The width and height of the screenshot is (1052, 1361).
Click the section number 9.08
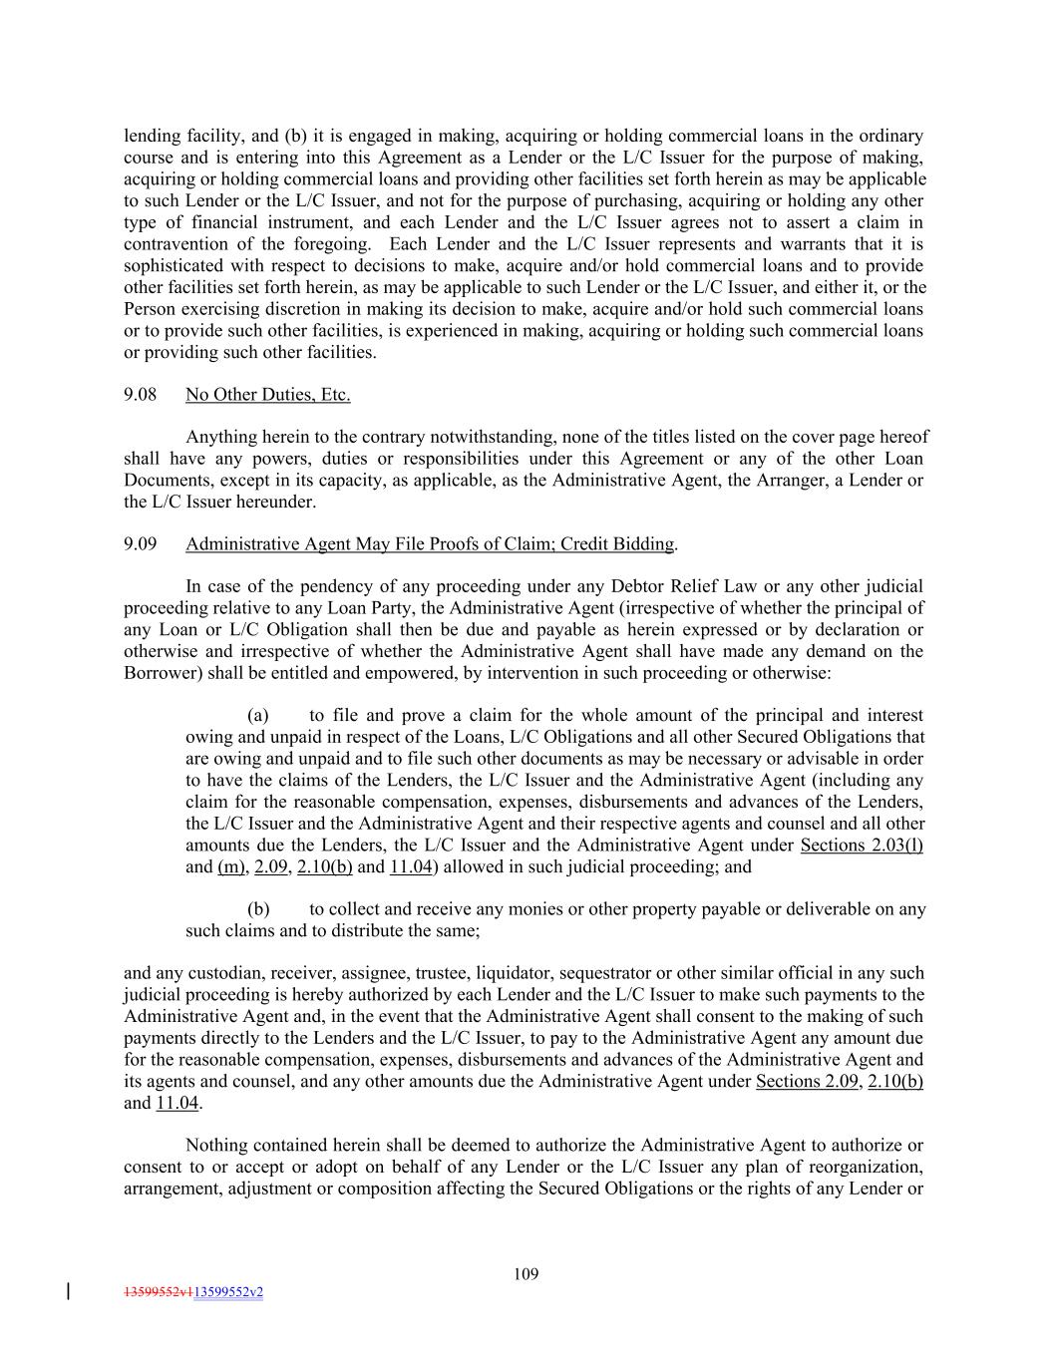140,395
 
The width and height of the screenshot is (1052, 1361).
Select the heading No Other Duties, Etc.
267,395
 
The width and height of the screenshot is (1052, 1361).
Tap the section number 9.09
140,544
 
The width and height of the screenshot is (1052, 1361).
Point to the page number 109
526,1273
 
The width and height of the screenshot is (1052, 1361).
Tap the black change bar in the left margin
68,1292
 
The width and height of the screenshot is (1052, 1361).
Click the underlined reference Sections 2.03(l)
862,846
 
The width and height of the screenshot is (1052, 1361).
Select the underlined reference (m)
230,867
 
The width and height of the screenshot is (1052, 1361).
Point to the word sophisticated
172,266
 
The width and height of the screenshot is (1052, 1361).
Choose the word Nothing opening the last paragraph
217,1146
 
